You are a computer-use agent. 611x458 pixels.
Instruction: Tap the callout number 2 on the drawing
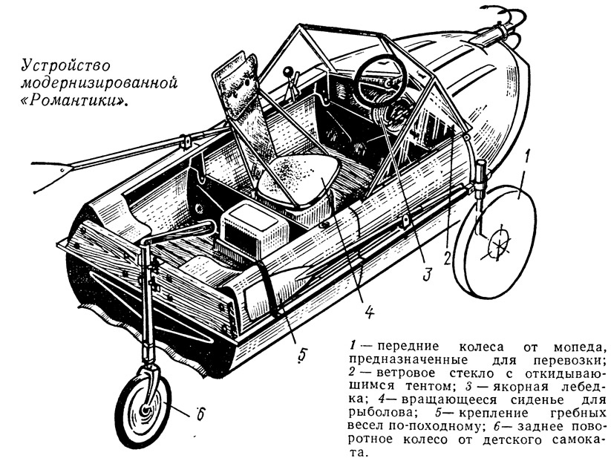pyautogui.click(x=448, y=257)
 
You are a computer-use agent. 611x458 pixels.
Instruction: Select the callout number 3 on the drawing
pyautogui.click(x=427, y=274)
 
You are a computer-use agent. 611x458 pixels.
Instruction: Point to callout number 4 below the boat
pyautogui.click(x=369, y=311)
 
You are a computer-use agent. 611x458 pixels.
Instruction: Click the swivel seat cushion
pyautogui.click(x=298, y=178)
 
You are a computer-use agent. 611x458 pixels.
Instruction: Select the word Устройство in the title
pyautogui.click(x=65, y=65)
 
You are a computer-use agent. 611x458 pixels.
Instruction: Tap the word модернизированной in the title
pyautogui.click(x=99, y=83)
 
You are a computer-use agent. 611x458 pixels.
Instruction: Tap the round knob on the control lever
pyautogui.click(x=288, y=72)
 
